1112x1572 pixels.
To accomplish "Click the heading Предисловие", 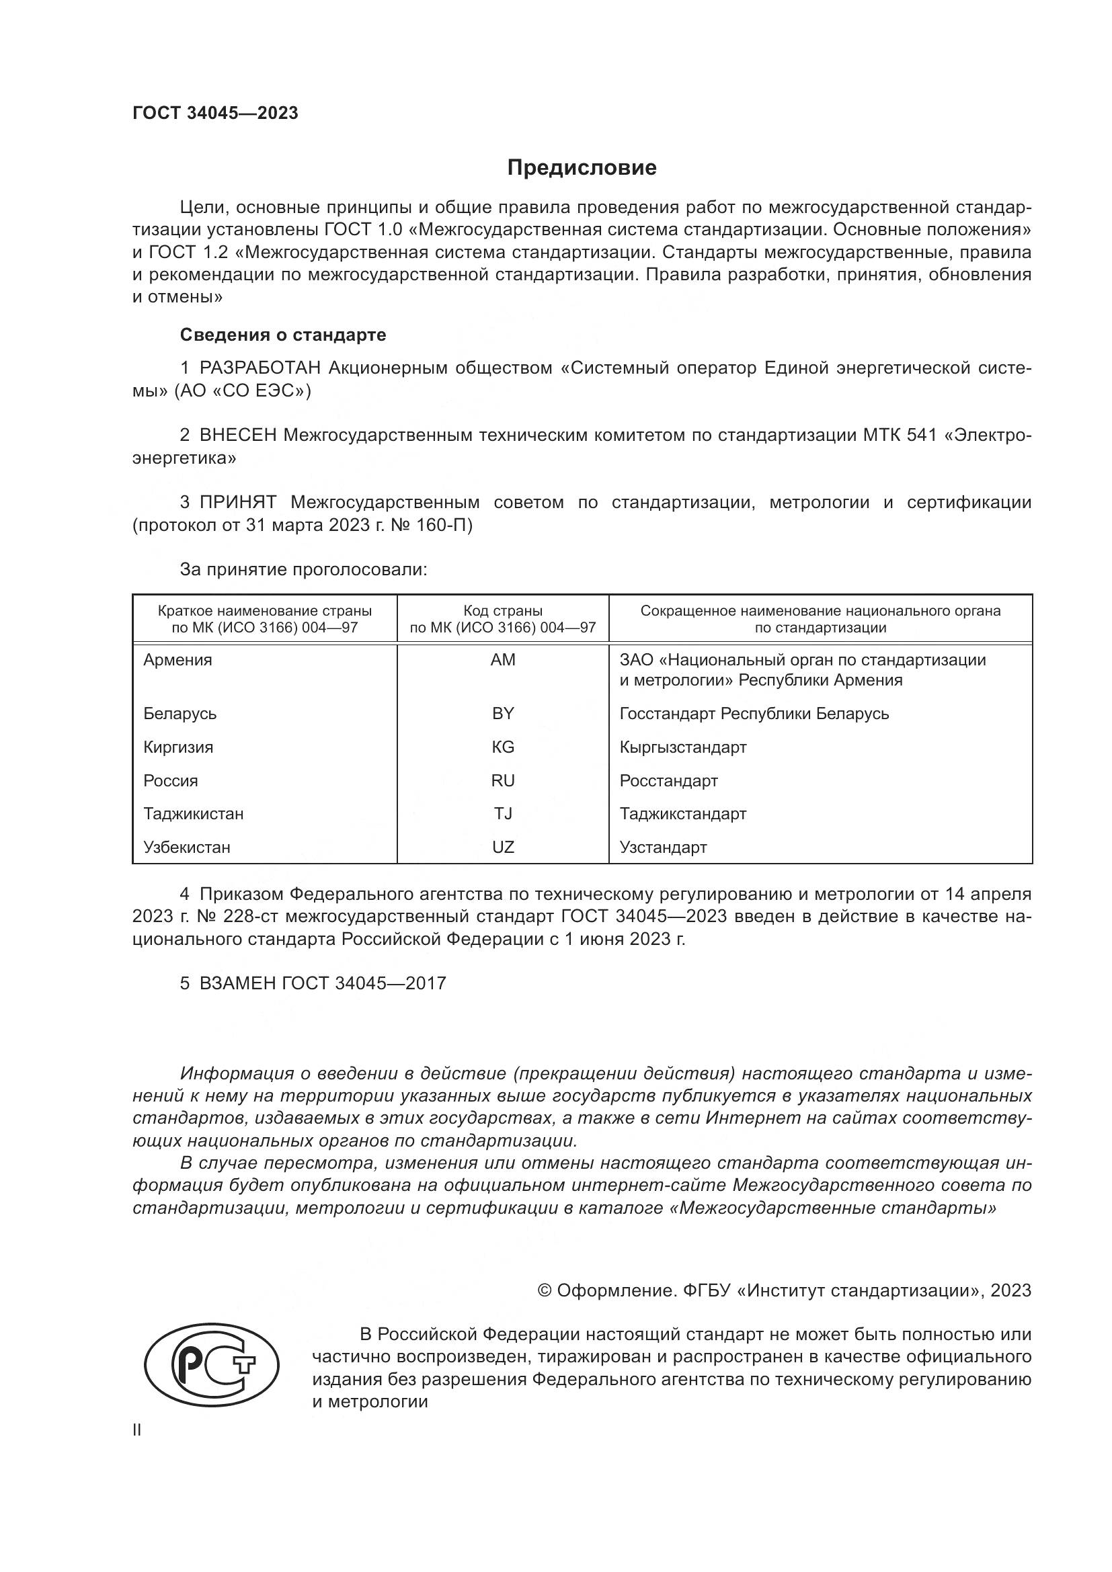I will (x=582, y=168).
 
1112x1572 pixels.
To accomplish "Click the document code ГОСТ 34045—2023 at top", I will (x=215, y=114).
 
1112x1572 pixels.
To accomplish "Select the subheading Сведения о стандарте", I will (x=283, y=335).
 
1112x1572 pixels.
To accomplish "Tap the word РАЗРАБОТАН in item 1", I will (x=260, y=368).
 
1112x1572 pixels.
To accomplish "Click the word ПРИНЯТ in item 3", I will (x=237, y=503).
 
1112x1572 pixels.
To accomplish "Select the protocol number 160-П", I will (x=448, y=526).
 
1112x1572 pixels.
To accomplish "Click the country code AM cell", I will (x=503, y=660).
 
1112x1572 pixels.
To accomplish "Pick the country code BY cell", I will (x=503, y=714).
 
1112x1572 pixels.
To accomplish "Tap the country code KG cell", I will (x=503, y=747).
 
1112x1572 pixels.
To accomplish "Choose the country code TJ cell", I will (x=503, y=813).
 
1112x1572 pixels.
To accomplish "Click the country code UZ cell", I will (x=503, y=847).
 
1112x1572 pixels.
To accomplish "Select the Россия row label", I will (x=171, y=780).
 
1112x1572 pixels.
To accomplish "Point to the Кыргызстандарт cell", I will (x=682, y=747).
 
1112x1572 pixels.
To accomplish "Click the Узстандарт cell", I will (x=663, y=847).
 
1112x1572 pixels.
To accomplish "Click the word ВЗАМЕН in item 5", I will (x=237, y=983).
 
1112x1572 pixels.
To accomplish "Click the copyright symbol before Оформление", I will (x=545, y=1290).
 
